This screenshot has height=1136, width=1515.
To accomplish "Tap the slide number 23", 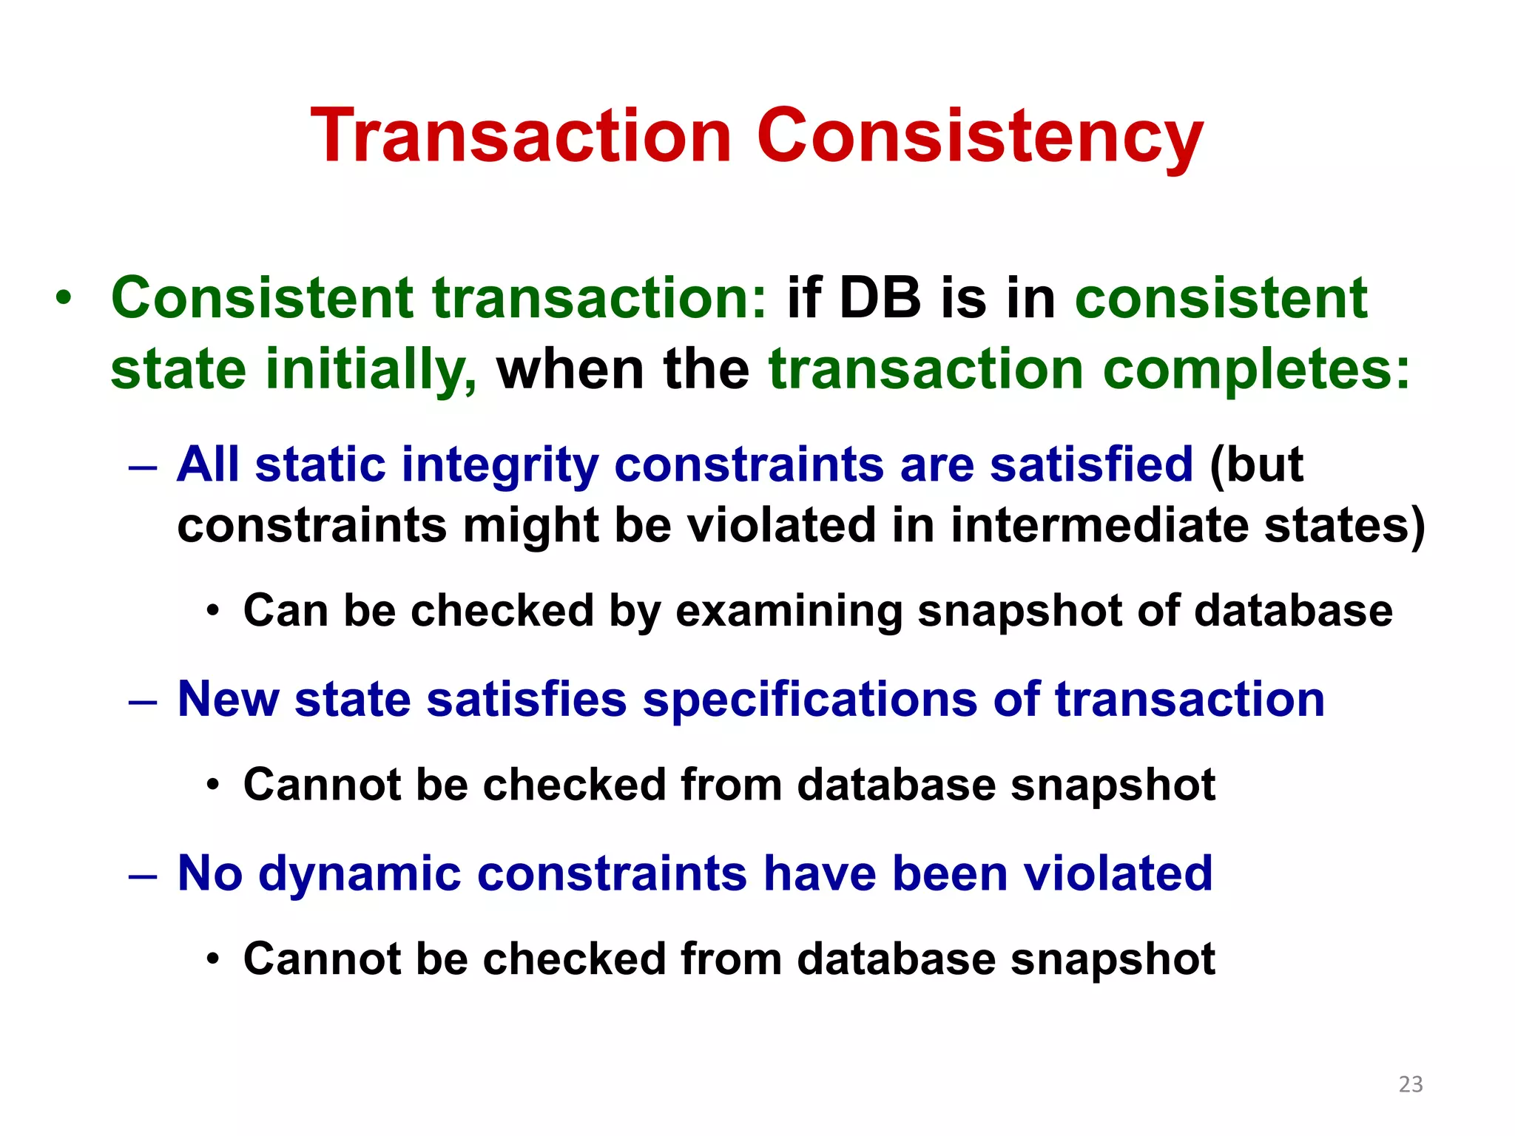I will tap(1410, 1084).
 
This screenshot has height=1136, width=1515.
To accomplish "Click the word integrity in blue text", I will tap(500, 466).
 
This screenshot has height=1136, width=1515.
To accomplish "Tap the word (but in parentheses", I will tap(1255, 466).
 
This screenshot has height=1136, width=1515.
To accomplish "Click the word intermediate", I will tap(1099, 526).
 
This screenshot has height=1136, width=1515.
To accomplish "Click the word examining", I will tap(788, 612).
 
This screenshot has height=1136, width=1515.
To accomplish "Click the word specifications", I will tap(809, 700).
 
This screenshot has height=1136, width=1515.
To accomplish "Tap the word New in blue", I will tap(228, 700).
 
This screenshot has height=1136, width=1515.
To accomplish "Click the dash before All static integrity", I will tap(142, 467).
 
